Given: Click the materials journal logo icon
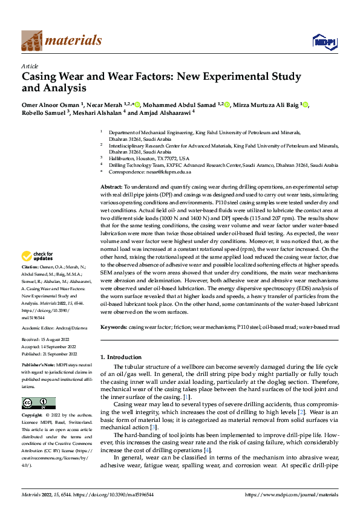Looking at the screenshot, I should pyautogui.click(x=31, y=40).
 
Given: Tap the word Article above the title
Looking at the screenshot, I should pyautogui.click(x=30, y=66).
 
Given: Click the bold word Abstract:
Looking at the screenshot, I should pyautogui.click(x=111, y=188).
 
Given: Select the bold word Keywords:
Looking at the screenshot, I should pyautogui.click(x=114, y=327).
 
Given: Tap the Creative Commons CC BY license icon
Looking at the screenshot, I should pyautogui.click(x=38, y=403).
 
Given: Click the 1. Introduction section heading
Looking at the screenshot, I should pyautogui.click(x=123, y=357).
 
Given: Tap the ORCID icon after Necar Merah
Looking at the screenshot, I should pyautogui.click(x=137, y=105).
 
